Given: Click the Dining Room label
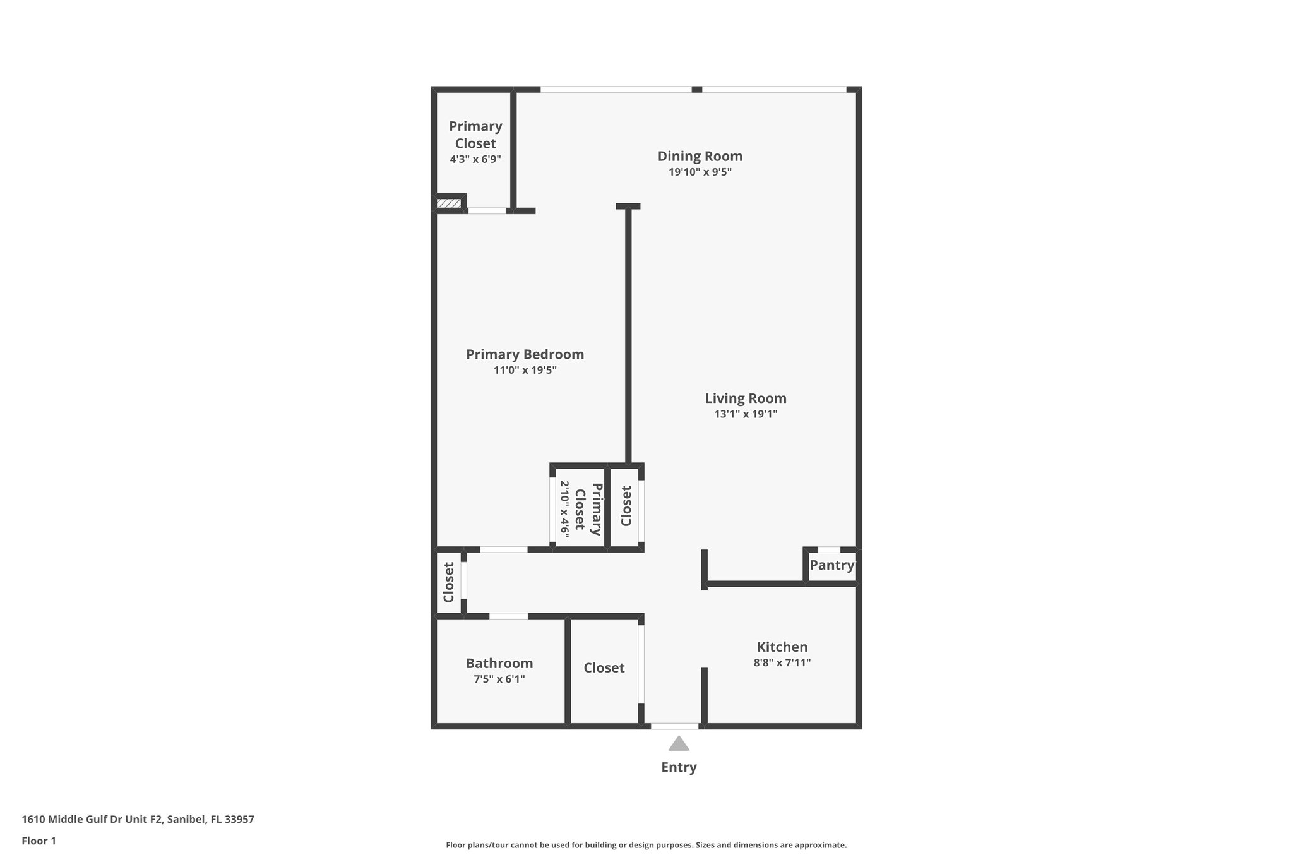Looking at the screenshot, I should coord(700,156).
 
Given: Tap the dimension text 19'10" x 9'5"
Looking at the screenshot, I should coord(700,172).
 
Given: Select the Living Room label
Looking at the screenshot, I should coord(746,398).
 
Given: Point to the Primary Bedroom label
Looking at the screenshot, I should coord(525,354).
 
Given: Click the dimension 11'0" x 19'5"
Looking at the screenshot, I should coord(525,370).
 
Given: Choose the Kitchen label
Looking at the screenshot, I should coord(782,647).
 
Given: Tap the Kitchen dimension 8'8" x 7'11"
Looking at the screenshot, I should coord(782,662).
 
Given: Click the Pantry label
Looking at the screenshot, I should coord(831,565).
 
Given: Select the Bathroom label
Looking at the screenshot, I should coord(499,663).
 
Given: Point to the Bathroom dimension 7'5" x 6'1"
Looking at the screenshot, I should coord(499,679).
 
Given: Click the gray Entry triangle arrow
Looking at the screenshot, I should coord(679,744).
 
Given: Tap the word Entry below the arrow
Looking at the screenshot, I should coord(679,767).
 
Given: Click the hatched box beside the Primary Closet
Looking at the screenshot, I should coord(449,203).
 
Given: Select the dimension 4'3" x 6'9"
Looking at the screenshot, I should coord(475,159).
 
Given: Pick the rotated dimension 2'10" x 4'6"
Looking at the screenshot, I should coord(564,509).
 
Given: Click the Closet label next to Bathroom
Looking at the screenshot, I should coord(604,667).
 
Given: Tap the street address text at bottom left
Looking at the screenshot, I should coord(138,819).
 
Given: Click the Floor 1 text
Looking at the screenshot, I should coord(39,841).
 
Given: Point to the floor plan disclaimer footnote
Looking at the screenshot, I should coord(646,845).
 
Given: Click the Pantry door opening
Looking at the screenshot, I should coord(828,550).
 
